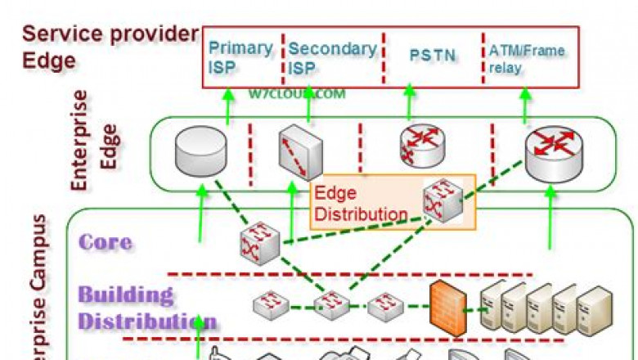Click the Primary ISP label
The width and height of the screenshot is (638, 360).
click(x=239, y=57)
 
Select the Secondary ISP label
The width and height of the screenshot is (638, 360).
click(x=330, y=58)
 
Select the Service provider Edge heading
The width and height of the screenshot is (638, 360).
click(x=110, y=47)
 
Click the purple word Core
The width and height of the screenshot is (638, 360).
click(x=106, y=242)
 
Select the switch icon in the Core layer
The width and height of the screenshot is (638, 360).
click(x=260, y=244)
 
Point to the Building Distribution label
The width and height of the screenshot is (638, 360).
click(x=147, y=307)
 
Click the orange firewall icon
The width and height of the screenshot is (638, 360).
click(x=447, y=306)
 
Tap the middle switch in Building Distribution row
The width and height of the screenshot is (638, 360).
click(x=333, y=307)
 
